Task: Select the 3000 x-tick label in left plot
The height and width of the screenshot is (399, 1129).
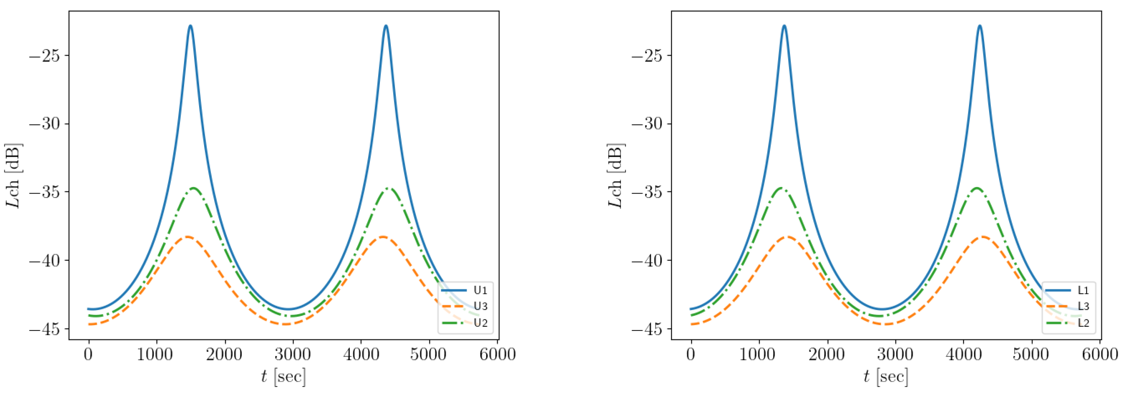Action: (x=292, y=354)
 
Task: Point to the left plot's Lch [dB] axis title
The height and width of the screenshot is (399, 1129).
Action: (x=13, y=175)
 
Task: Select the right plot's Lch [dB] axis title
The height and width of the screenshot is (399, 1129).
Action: (x=616, y=175)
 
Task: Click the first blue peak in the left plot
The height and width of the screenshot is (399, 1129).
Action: (x=190, y=26)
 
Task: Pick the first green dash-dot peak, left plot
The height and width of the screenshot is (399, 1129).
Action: (x=193, y=188)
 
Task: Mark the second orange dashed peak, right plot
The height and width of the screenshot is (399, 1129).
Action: (x=983, y=237)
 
